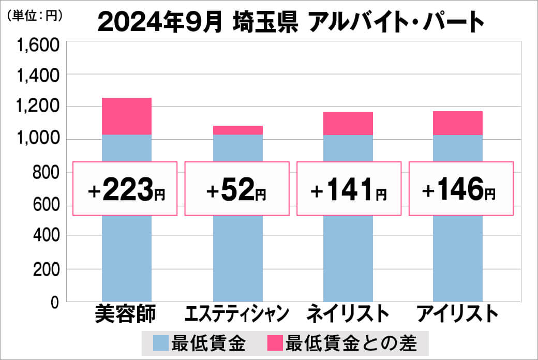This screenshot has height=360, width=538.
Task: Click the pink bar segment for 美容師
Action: [x=127, y=116]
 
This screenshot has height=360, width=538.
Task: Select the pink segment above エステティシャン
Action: [x=238, y=130]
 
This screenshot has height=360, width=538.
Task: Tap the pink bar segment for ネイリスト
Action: [x=348, y=123]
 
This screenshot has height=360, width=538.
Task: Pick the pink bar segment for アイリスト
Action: [x=457, y=123]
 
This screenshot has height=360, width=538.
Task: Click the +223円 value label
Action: [x=126, y=189]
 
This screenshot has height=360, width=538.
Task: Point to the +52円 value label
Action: [x=236, y=189]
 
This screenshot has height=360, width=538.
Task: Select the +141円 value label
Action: [x=348, y=189]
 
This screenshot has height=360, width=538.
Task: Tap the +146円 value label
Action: [x=461, y=189]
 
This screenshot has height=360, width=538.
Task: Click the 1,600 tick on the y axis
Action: [x=39, y=46]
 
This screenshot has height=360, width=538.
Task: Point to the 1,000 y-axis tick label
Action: [x=39, y=140]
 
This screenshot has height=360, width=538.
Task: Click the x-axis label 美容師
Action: [x=126, y=313]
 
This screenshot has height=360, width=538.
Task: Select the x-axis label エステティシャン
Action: [x=236, y=313]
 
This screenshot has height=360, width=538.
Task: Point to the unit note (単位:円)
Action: [x=35, y=16]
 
